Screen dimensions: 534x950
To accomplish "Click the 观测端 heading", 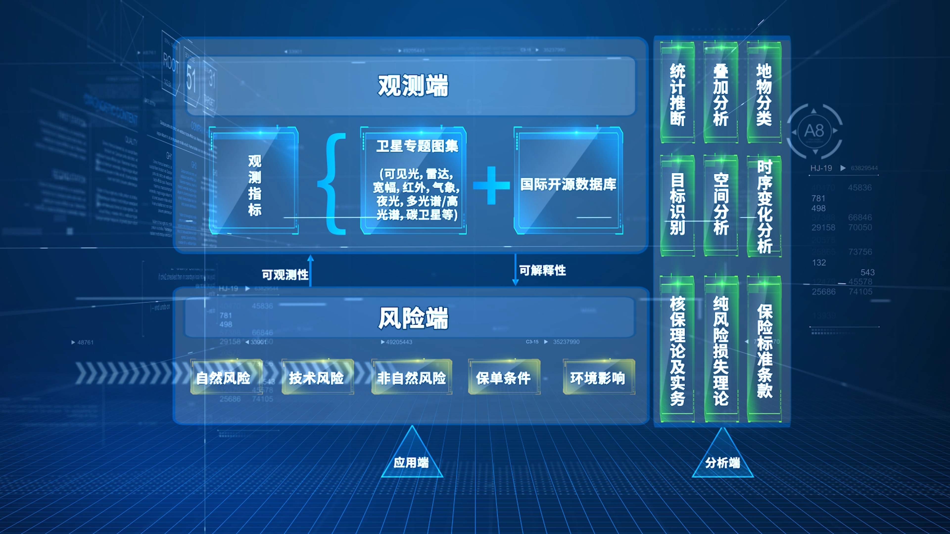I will (413, 86).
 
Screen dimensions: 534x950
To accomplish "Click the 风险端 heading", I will (413, 318).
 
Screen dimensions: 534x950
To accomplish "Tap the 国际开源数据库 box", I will (568, 183).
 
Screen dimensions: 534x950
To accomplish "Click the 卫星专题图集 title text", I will (417, 146).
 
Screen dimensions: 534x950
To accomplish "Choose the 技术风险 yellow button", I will (316, 377).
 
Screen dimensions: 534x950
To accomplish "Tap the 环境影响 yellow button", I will (598, 377).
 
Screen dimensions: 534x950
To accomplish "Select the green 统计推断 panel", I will (677, 94).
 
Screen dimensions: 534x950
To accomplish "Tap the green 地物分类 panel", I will (764, 94).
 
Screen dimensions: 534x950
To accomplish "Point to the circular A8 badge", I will (814, 131).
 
